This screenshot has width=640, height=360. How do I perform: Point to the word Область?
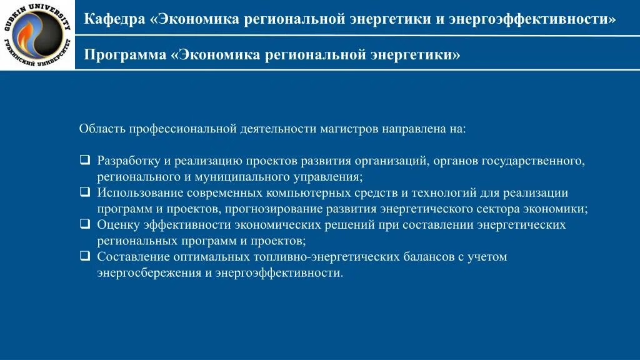[102, 129]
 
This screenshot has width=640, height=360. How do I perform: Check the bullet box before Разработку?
[84, 160]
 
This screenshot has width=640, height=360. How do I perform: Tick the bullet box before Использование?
[84, 192]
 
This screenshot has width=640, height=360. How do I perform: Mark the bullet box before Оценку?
[84, 224]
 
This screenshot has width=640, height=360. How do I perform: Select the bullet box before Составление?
[84, 256]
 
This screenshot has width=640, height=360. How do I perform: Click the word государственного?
[538, 161]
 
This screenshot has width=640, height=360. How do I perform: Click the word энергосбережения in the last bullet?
[148, 273]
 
